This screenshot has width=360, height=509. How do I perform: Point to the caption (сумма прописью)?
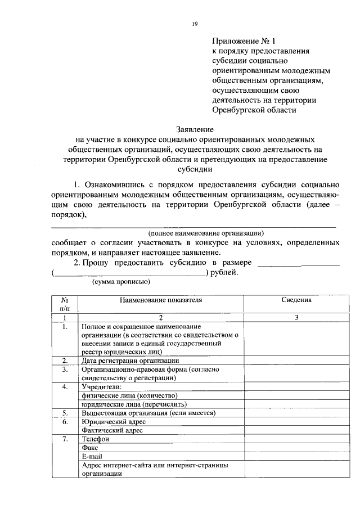coord(120,282)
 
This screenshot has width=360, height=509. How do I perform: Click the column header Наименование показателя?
coord(160,300)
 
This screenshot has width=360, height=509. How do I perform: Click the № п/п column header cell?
coord(65,304)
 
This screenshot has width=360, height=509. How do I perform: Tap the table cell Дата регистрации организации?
coord(130,361)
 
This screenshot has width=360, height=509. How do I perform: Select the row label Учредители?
coord(101,387)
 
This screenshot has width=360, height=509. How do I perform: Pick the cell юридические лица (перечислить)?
coord(133,404)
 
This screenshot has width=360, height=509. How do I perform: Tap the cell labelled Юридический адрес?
coord(114,421)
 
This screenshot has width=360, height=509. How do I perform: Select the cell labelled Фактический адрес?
coord(112,430)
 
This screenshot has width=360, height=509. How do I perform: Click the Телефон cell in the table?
coord(95,439)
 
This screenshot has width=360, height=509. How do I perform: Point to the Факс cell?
coord(91,448)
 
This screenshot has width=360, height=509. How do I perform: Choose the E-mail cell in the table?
coord(92,456)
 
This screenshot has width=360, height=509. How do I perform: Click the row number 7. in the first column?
coord(65,439)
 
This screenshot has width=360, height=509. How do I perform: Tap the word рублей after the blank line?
coord(224,273)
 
